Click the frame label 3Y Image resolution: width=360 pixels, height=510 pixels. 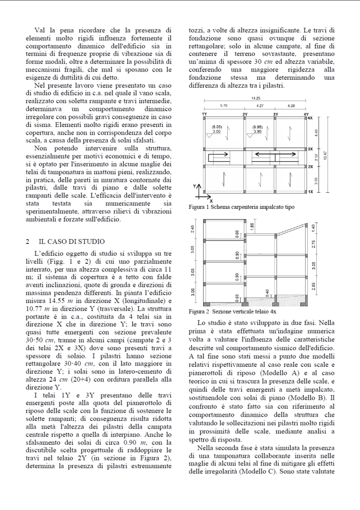275,114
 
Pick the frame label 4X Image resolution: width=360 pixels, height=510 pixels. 310,117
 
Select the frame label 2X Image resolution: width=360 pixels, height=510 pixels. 310,167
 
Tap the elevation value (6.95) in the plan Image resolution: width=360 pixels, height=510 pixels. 257,127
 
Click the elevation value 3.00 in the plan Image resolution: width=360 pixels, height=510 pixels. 217,132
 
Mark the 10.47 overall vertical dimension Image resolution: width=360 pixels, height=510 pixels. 325,155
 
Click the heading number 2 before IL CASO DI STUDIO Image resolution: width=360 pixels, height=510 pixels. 27,242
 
